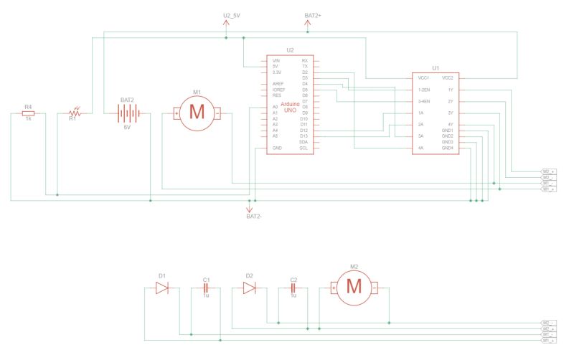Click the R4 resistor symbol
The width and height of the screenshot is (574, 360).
(28, 113)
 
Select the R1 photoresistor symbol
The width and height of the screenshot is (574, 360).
(74, 113)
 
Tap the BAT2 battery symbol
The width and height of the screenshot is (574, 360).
(127, 113)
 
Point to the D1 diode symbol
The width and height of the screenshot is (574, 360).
(162, 288)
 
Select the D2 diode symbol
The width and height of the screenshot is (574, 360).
(249, 288)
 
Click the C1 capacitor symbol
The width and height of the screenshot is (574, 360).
(206, 288)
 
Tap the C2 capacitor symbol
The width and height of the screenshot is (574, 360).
(293, 288)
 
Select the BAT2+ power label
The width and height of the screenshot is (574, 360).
(313, 15)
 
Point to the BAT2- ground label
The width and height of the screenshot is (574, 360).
(254, 216)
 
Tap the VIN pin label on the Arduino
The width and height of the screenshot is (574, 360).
(276, 60)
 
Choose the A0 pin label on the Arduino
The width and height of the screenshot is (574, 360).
(276, 107)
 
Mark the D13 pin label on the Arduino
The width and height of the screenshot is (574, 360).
(304, 136)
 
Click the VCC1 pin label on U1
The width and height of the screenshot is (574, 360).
(423, 77)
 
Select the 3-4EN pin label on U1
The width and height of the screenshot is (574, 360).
(424, 101)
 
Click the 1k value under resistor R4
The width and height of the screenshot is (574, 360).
(28, 118)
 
